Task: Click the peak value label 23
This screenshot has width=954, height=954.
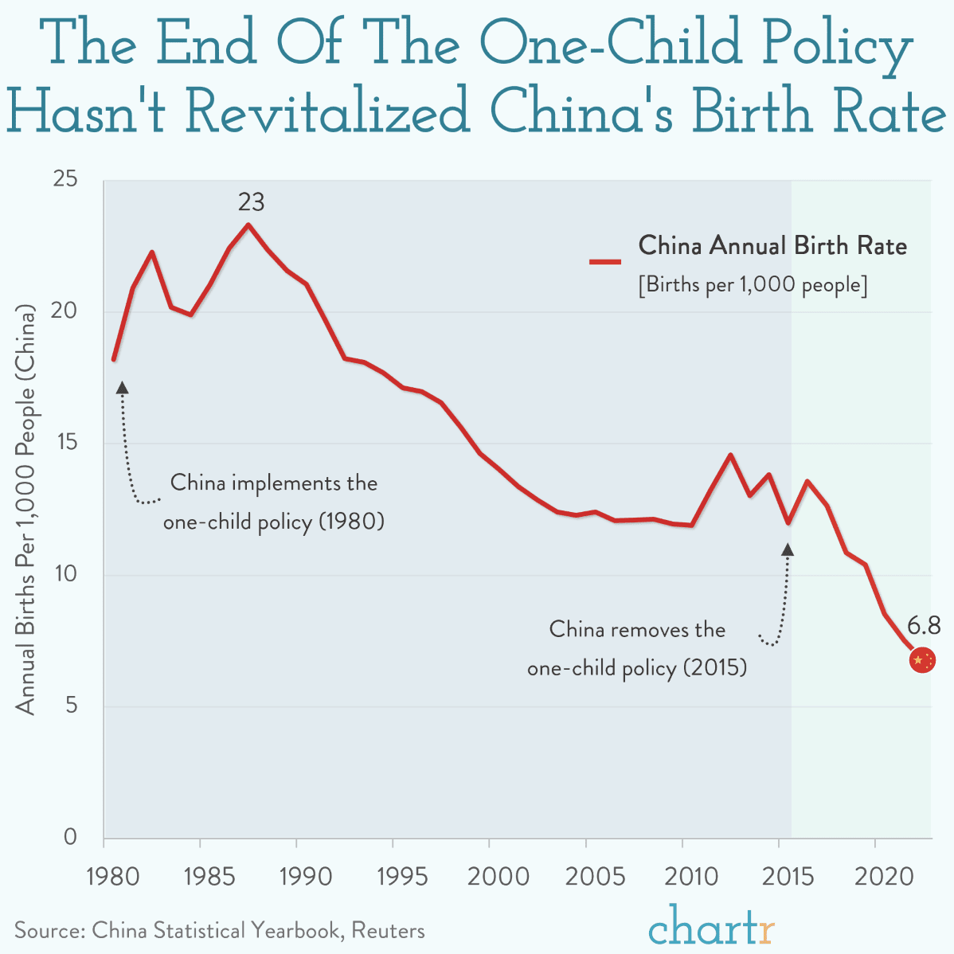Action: tap(251, 202)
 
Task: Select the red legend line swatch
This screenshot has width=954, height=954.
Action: tap(605, 261)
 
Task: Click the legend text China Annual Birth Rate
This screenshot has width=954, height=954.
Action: tap(772, 245)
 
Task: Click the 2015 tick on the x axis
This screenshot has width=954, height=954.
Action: tap(788, 877)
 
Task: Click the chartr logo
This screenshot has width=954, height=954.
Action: tap(711, 925)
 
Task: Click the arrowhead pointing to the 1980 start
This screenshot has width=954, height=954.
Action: tap(122, 388)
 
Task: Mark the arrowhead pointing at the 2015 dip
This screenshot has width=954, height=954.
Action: tap(788, 549)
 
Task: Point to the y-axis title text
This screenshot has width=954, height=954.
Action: tap(26, 510)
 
